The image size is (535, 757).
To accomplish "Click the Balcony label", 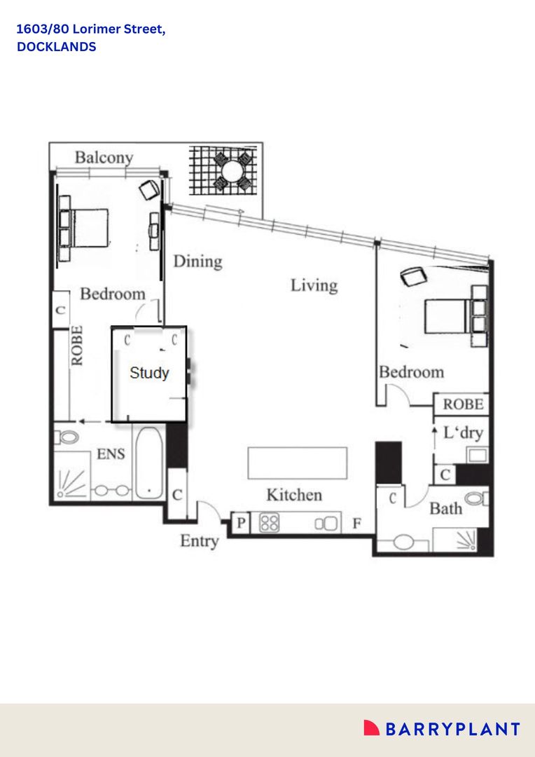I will tap(104, 157).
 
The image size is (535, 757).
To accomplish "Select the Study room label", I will tap(149, 373).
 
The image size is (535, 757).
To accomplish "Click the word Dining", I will tap(197, 261).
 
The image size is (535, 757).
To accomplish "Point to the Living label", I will tap(314, 285).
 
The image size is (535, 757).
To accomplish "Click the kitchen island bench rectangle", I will tap(297, 463).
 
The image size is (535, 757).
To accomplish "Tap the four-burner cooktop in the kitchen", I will tap(270, 523).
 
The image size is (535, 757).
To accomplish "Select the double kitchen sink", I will tap(326, 523).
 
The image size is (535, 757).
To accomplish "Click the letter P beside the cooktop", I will tap(241, 523).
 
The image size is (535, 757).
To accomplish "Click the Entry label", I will tap(200, 541).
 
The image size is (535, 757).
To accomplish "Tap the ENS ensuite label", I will tap(111, 454).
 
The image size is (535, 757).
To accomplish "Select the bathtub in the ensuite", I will tap(148, 463).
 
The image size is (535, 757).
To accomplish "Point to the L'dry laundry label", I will tap(463, 432).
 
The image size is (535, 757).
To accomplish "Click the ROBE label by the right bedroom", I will tap(463, 404).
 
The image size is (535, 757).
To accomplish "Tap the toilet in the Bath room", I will tap(476, 499).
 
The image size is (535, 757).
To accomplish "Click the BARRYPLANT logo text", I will tap(452, 729).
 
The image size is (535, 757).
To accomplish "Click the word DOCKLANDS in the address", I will tap(57, 48).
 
